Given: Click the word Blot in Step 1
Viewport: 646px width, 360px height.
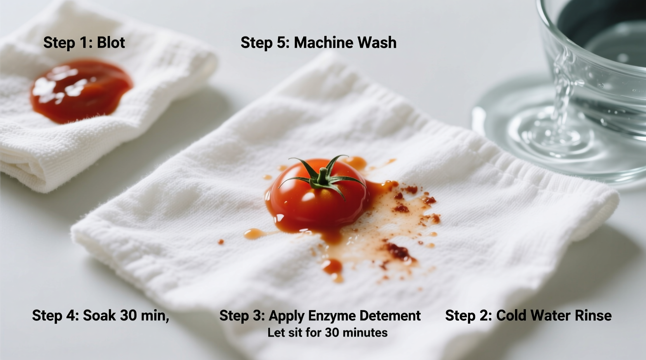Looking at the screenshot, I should point(111,43).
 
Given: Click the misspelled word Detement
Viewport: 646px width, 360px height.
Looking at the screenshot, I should point(390,316).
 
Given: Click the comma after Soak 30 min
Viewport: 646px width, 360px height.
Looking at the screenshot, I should point(167,320).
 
